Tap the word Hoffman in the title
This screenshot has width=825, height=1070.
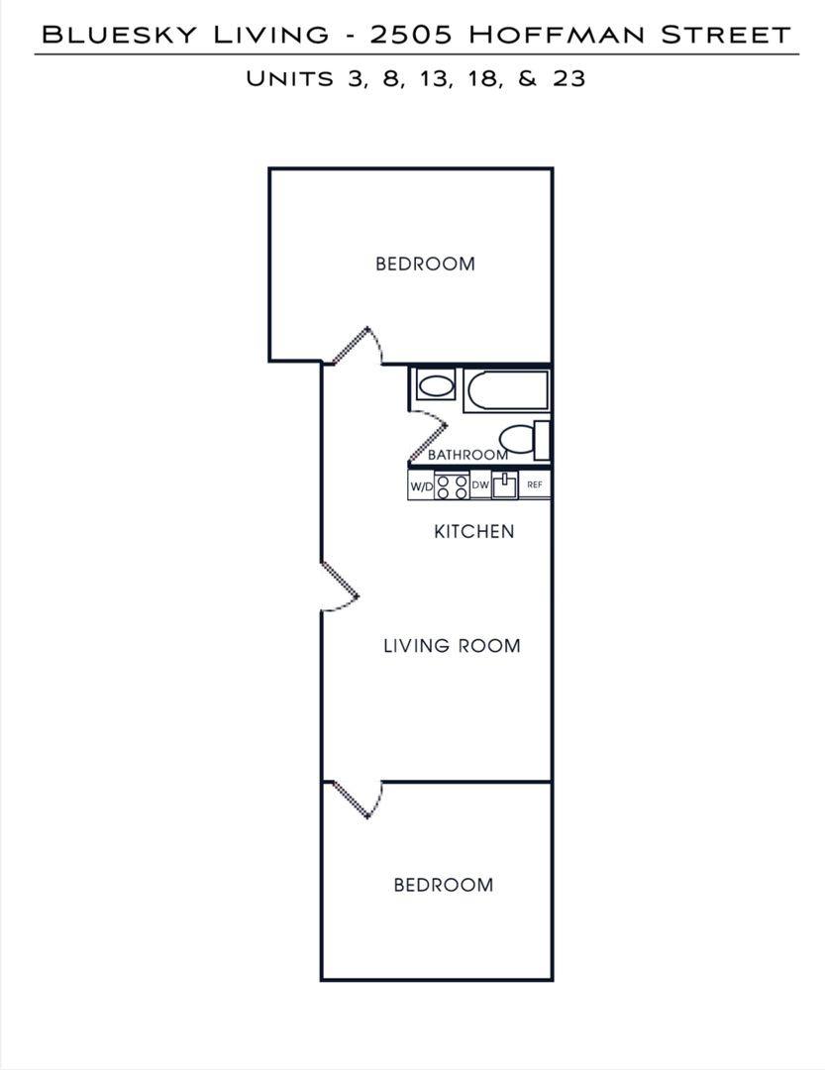[557, 34]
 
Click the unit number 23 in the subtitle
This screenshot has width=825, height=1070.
[569, 78]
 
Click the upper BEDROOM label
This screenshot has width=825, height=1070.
[425, 264]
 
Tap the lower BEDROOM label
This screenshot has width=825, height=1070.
[444, 885]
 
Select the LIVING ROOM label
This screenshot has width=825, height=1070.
[452, 646]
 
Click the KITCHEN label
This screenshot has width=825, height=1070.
[474, 531]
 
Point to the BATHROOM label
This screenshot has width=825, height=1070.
[468, 455]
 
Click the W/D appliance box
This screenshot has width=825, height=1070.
[421, 485]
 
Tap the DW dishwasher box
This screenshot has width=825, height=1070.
[480, 485]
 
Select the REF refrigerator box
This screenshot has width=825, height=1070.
[534, 484]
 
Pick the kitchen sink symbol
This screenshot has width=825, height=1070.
[505, 485]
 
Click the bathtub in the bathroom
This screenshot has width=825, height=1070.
[506, 390]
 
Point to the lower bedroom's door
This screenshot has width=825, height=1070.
[357, 800]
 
